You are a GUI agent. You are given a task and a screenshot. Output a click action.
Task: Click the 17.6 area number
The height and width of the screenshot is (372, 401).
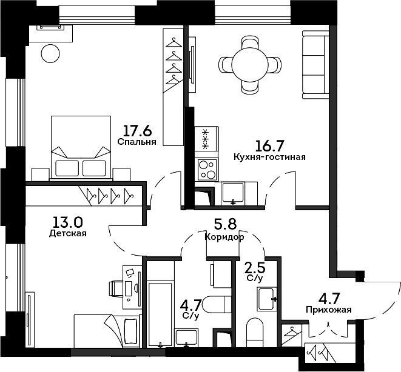pos(138,131)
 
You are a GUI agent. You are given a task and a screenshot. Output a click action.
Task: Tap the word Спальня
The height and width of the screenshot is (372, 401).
pos(137,142)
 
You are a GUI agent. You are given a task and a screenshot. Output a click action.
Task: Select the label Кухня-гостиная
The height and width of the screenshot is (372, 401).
pos(269,157)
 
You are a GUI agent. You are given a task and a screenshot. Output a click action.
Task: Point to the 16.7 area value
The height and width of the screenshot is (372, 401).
pos(270,146)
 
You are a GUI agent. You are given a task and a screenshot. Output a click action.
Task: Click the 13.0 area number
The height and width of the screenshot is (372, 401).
pos(67,222)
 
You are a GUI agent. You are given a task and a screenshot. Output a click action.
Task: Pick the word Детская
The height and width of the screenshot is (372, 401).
pos(68,233)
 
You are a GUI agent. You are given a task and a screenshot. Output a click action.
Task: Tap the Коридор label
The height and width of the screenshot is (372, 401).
pos(224,237)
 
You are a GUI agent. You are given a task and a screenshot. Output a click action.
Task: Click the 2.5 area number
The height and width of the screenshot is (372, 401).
pos(255,268)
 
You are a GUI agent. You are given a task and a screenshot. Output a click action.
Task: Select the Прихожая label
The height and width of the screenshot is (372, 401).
pos(329,310)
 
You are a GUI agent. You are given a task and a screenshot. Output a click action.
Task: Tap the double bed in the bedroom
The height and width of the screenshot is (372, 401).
pos(81,148)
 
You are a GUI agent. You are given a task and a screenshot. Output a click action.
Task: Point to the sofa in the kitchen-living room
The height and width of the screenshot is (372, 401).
pos(315,64)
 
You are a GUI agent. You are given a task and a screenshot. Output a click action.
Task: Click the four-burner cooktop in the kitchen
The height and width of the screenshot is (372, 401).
pos(207,170)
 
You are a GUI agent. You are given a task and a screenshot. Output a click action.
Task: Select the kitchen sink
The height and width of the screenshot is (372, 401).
pos(233,193)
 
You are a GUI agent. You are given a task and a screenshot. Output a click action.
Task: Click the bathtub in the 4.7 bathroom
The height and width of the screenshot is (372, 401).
pos(160,314)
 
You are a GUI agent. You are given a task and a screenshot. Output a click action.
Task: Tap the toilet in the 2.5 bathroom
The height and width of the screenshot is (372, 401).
pos(255,332)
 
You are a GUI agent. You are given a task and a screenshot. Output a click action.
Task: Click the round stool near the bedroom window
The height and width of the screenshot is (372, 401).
pos(50,53)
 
